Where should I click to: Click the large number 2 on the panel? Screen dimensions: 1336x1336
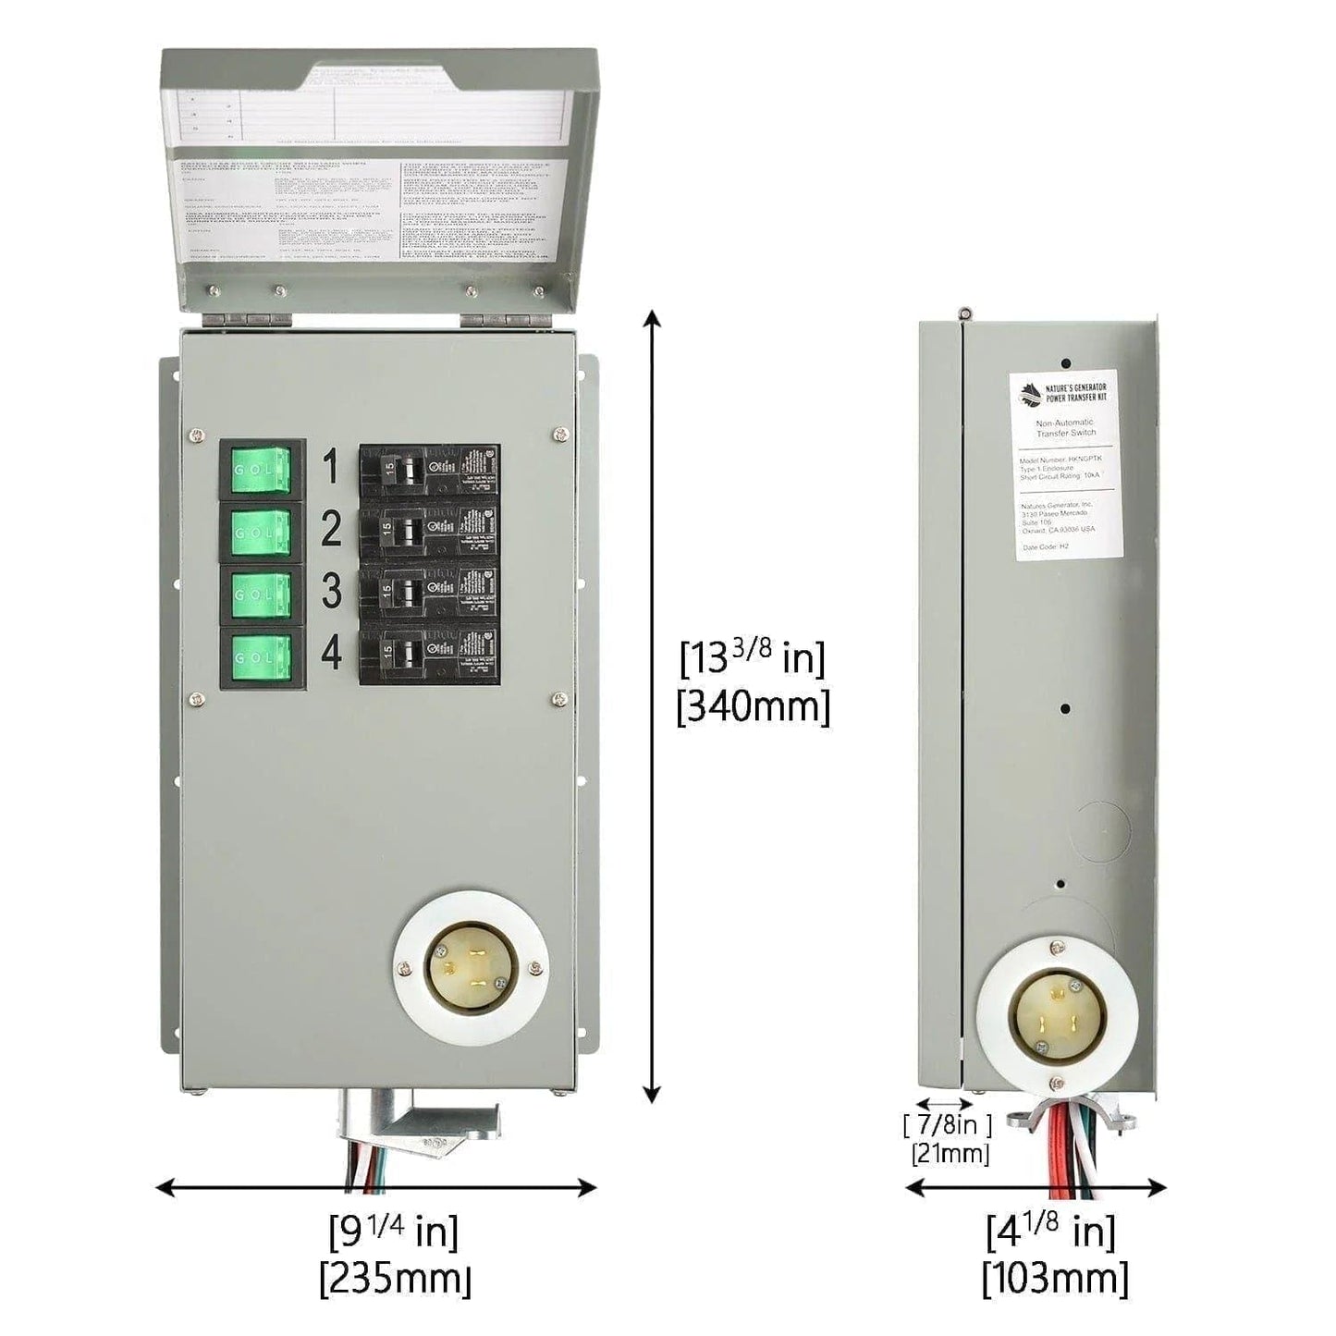[x=331, y=530]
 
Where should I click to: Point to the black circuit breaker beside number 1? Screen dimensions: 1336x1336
[x=430, y=471]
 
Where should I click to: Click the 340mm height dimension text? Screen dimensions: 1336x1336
[x=754, y=708]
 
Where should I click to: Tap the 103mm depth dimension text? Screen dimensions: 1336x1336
[x=1055, y=1280]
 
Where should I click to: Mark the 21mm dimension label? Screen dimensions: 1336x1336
[x=950, y=1153]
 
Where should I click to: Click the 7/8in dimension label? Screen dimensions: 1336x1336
[x=947, y=1125]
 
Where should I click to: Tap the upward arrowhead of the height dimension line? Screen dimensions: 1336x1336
[x=653, y=319]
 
